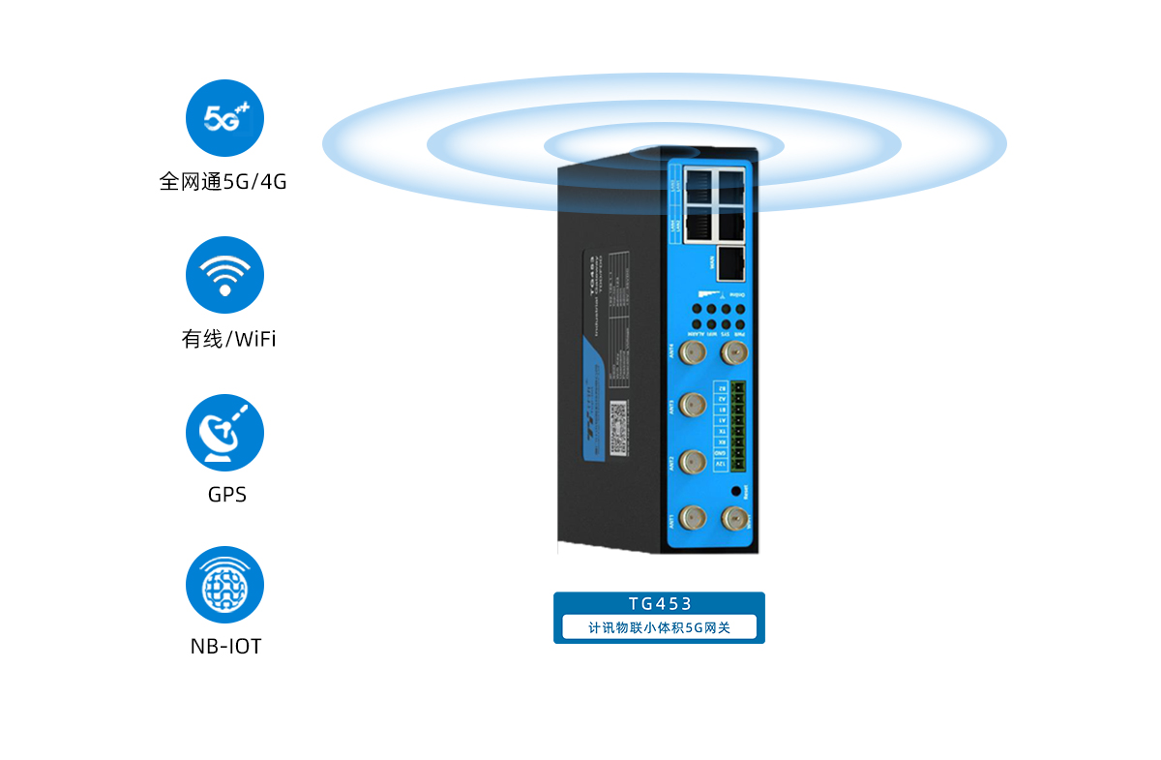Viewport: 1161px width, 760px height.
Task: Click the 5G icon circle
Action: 224,118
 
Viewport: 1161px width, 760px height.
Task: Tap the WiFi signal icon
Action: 224,275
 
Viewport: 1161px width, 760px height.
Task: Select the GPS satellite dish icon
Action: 224,433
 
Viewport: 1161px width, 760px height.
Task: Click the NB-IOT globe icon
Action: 224,585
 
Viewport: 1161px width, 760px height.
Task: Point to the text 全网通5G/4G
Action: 223,181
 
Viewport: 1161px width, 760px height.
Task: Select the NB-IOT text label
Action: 226,646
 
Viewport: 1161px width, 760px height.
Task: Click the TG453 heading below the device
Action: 659,604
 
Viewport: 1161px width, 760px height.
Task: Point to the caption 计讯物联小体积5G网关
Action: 659,627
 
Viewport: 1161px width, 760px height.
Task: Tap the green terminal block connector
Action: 739,427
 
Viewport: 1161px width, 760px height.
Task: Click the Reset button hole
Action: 738,492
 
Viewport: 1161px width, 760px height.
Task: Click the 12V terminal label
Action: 719,466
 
